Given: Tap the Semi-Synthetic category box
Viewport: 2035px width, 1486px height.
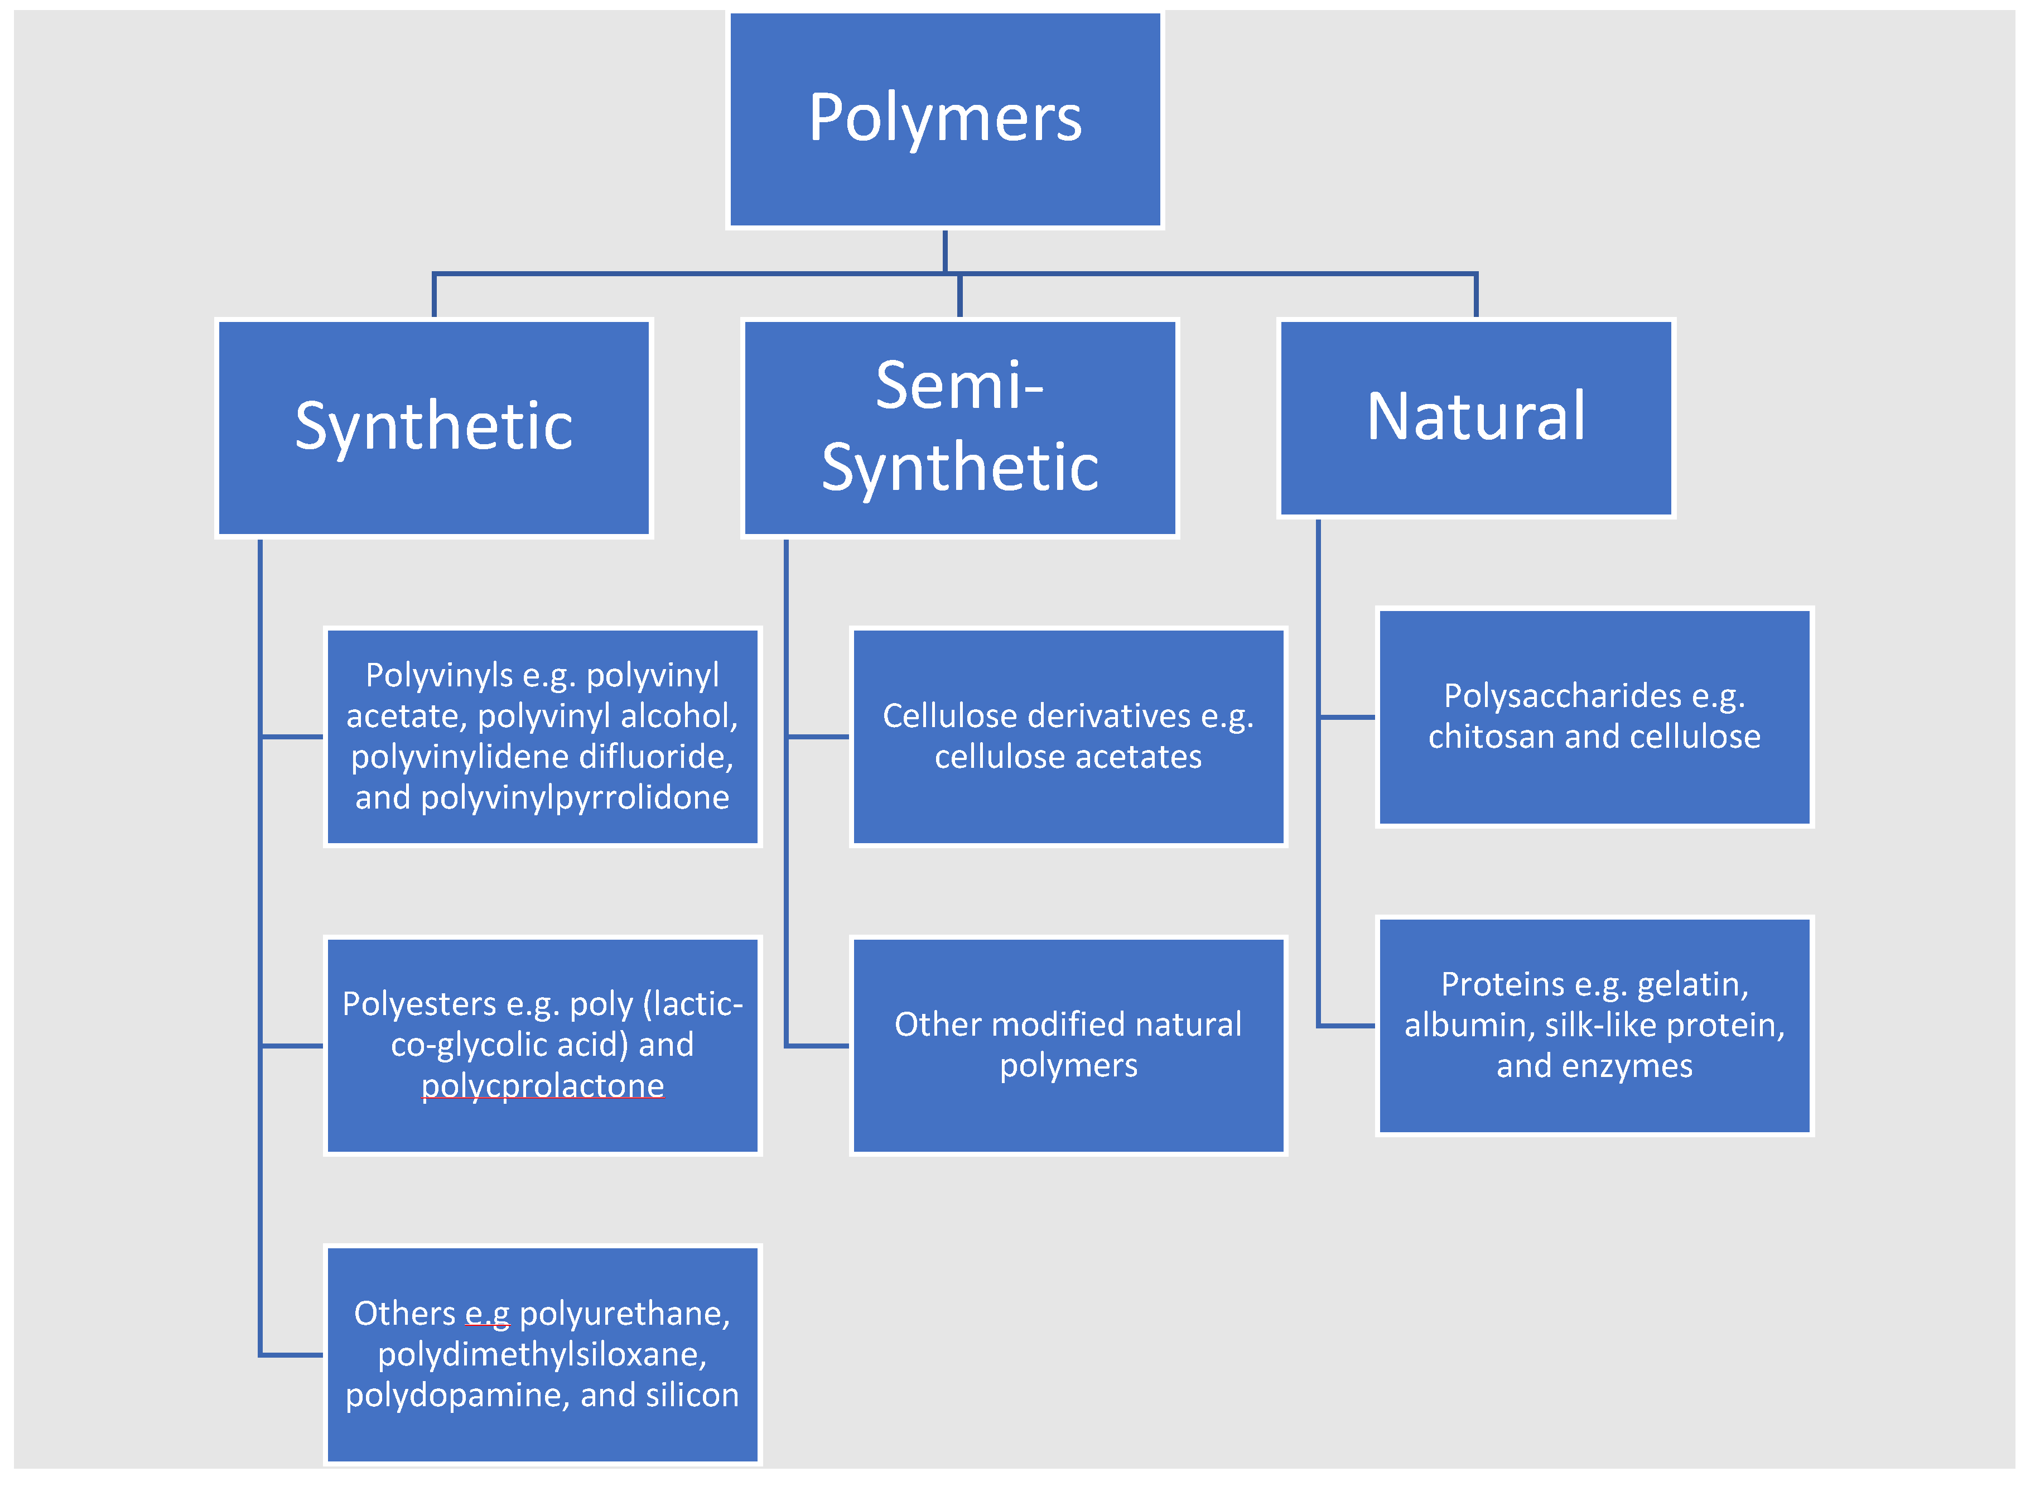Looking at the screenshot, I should tap(959, 427).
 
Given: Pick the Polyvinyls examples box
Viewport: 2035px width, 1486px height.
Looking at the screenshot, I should tap(542, 736).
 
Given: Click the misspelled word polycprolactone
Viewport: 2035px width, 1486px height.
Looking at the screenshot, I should tap(542, 1086).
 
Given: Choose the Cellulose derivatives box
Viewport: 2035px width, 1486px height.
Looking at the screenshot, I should tap(1068, 736).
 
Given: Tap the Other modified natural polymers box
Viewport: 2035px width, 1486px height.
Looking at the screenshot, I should tap(1068, 1045).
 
